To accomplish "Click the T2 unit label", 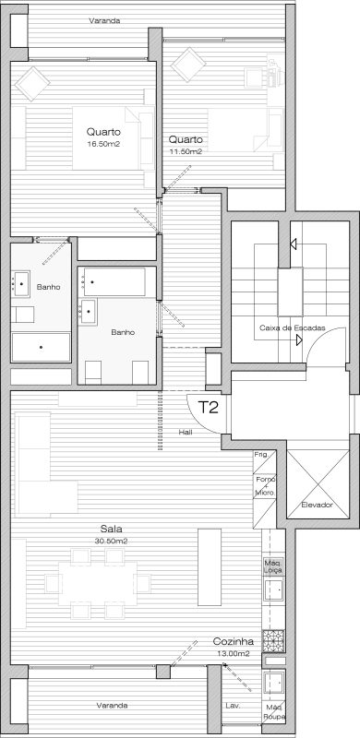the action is click(208, 407).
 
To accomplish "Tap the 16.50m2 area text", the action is click(103, 144).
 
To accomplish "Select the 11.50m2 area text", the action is click(186, 151).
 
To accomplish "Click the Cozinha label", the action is click(234, 641).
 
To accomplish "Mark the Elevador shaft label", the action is click(317, 505).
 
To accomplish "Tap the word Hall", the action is click(186, 432).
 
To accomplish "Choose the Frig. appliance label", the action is click(261, 455).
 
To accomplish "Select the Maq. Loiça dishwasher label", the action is click(273, 566).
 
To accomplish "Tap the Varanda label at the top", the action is click(104, 20).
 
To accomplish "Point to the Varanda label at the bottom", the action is click(112, 705).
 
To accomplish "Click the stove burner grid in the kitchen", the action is click(273, 640).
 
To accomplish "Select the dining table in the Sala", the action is click(98, 583).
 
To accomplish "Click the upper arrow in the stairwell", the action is click(294, 244).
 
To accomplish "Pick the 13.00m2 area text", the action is click(234, 653).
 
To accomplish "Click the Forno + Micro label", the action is click(263, 485).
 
